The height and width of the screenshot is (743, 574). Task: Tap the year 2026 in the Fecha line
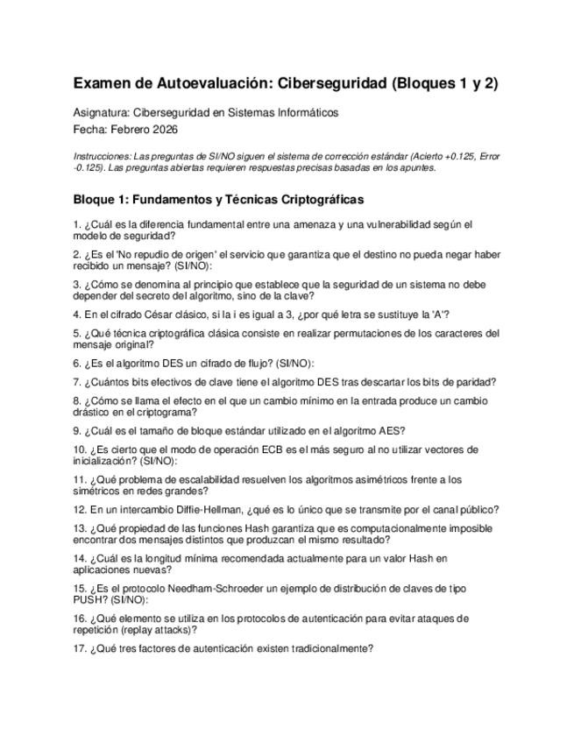(164, 130)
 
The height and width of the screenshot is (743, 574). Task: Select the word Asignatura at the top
(101, 113)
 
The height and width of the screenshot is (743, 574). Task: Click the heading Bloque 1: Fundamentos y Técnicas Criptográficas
(218, 200)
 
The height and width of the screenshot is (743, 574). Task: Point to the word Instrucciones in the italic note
(104, 156)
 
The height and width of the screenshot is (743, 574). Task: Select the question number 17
(80, 649)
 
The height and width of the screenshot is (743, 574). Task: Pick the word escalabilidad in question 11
(208, 480)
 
